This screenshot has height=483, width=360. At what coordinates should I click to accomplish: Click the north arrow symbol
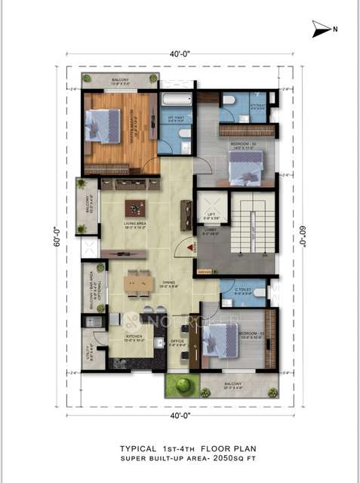(321, 29)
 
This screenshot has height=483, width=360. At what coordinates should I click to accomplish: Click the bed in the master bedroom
(103, 125)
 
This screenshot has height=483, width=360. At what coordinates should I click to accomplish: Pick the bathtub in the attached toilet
(176, 100)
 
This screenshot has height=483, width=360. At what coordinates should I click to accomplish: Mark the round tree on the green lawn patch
(181, 385)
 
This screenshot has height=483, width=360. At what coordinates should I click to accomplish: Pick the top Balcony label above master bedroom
(120, 80)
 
